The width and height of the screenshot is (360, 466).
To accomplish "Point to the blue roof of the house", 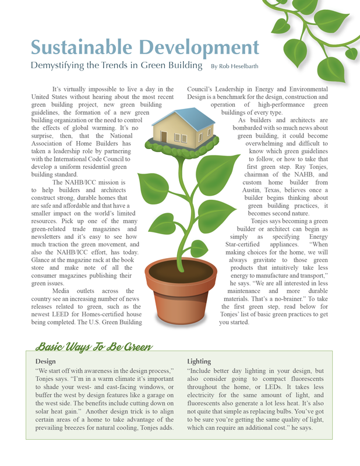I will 185,119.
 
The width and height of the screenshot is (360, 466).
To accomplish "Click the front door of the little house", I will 164,137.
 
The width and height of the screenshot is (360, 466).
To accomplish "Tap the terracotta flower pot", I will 175,297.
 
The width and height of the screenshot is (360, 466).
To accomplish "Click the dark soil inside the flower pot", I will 175,270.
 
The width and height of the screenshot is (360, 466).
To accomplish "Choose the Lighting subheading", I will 200,361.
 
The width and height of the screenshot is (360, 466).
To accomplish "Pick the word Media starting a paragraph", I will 63,291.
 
